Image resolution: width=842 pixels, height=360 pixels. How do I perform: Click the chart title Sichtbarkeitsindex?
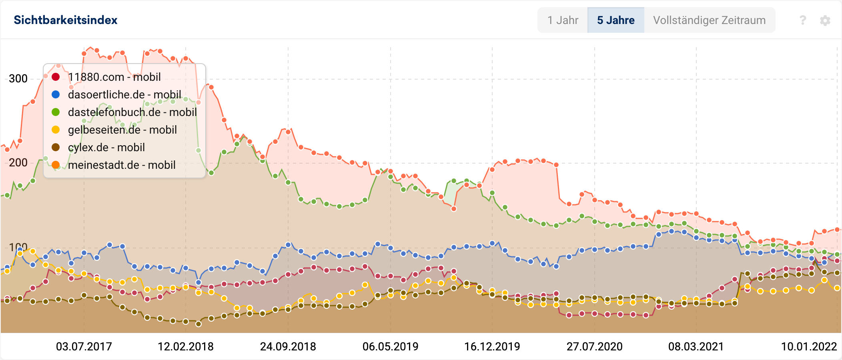click(x=66, y=20)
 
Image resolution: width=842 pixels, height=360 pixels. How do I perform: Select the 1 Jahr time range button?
click(x=563, y=20)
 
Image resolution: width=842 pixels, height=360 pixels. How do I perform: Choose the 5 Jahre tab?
click(x=615, y=20)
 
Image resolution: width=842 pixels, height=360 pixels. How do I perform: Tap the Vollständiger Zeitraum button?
click(x=709, y=20)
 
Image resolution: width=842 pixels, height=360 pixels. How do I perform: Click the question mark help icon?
click(x=802, y=20)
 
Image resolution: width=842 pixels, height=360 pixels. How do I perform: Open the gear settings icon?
click(x=825, y=20)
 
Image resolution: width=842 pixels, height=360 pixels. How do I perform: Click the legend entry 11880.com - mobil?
click(x=114, y=77)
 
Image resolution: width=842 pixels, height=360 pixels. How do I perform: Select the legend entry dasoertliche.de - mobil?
click(x=124, y=94)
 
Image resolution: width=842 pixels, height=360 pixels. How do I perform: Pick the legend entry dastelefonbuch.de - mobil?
click(x=132, y=112)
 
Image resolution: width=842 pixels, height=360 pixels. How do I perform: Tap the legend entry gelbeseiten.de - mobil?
click(x=122, y=130)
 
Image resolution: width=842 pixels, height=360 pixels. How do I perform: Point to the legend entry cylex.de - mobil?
click(x=106, y=147)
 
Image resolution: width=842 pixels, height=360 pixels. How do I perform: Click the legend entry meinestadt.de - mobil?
click(x=122, y=165)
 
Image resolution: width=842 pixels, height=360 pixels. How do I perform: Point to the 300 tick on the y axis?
click(x=18, y=78)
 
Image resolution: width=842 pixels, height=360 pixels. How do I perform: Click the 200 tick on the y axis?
click(x=18, y=162)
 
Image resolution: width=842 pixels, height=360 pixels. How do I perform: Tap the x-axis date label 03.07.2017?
click(x=84, y=346)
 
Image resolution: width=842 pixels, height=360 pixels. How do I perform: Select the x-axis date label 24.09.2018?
click(x=288, y=346)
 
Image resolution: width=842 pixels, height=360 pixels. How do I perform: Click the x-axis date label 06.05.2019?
click(x=390, y=346)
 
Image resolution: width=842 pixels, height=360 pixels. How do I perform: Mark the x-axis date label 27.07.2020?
click(x=594, y=346)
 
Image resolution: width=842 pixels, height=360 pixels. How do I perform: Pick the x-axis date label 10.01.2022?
click(x=809, y=346)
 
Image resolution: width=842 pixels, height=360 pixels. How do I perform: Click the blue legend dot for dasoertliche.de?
click(x=56, y=94)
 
